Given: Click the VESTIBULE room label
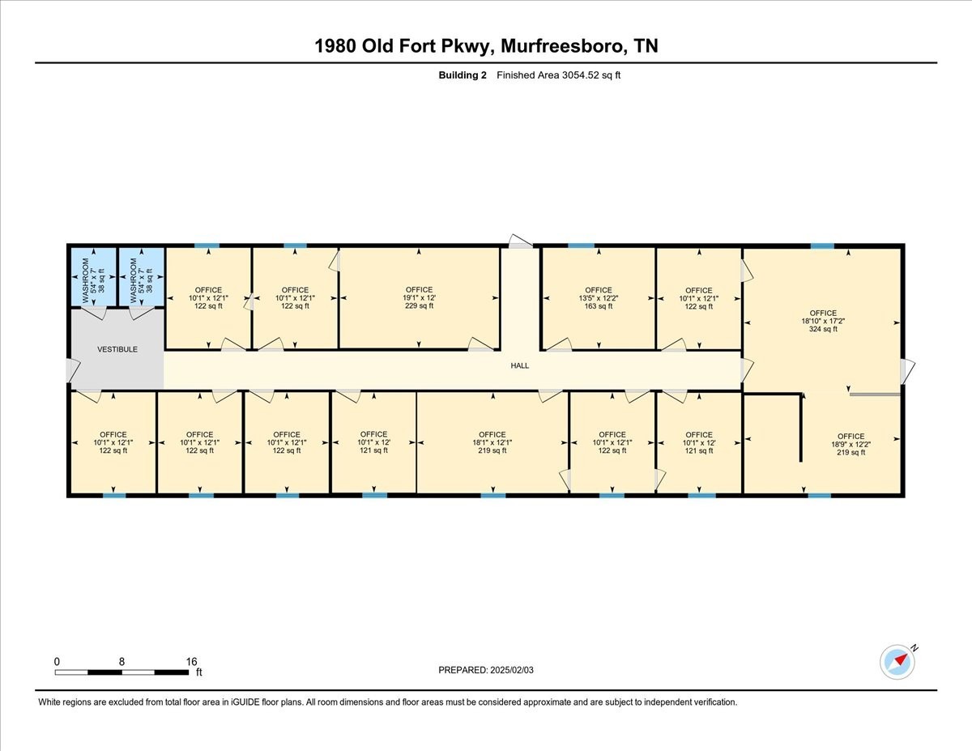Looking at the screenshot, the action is (x=117, y=349).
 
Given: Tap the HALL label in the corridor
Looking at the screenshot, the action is (x=520, y=365).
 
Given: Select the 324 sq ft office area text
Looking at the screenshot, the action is (x=823, y=329).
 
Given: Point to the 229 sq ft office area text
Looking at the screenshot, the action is (x=419, y=306).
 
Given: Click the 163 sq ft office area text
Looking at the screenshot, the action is (x=599, y=306).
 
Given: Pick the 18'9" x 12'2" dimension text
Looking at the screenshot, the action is (x=850, y=444).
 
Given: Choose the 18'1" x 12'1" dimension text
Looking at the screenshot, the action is (x=492, y=442).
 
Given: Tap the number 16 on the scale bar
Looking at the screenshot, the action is (x=191, y=662).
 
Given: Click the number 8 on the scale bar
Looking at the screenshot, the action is (x=122, y=662).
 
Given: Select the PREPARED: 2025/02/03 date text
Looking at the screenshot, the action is (x=486, y=670).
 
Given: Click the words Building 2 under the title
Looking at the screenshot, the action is (x=462, y=75).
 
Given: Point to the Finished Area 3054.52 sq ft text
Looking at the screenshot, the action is (x=559, y=75).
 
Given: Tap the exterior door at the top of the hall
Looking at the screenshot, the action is (x=521, y=241).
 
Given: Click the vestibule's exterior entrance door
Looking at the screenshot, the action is (x=73, y=371).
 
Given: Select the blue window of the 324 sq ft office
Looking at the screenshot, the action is (x=822, y=246).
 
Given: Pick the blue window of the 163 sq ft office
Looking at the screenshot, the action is (x=581, y=245).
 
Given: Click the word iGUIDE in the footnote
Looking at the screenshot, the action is (x=245, y=702).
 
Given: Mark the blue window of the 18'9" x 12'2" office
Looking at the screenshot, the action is (x=820, y=496).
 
